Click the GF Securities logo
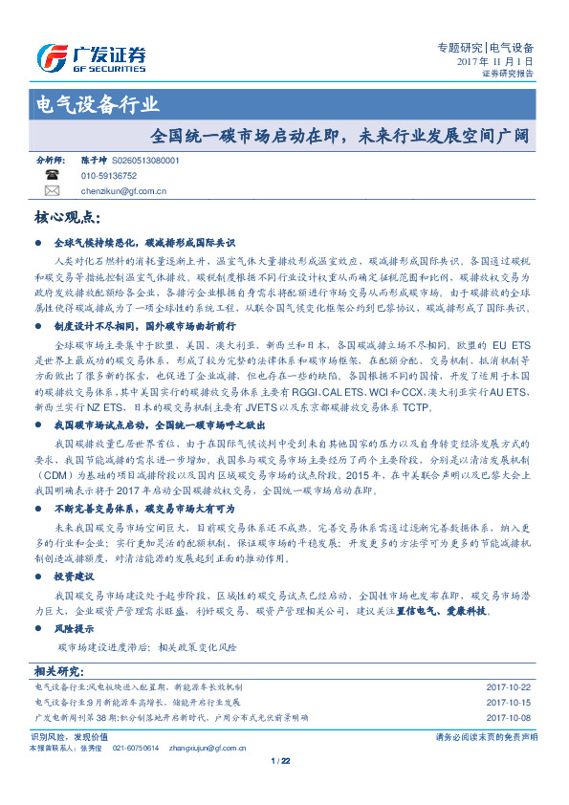pyautogui.click(x=90, y=58)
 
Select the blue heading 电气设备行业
pyautogui.click(x=97, y=105)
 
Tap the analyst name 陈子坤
pyautogui.click(x=94, y=162)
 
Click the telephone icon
pyautogui.click(x=52, y=176)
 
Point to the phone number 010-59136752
pyautogui.click(x=108, y=176)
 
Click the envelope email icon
pyautogui.click(x=52, y=191)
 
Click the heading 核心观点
pyautogui.click(x=69, y=218)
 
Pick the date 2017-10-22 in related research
pyautogui.click(x=509, y=687)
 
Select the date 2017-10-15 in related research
pyautogui.click(x=509, y=702)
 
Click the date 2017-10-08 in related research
pyautogui.click(x=509, y=717)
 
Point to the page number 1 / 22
pyautogui.click(x=280, y=761)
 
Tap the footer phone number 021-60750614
pyautogui.click(x=137, y=748)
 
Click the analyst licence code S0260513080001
pyautogui.click(x=145, y=162)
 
